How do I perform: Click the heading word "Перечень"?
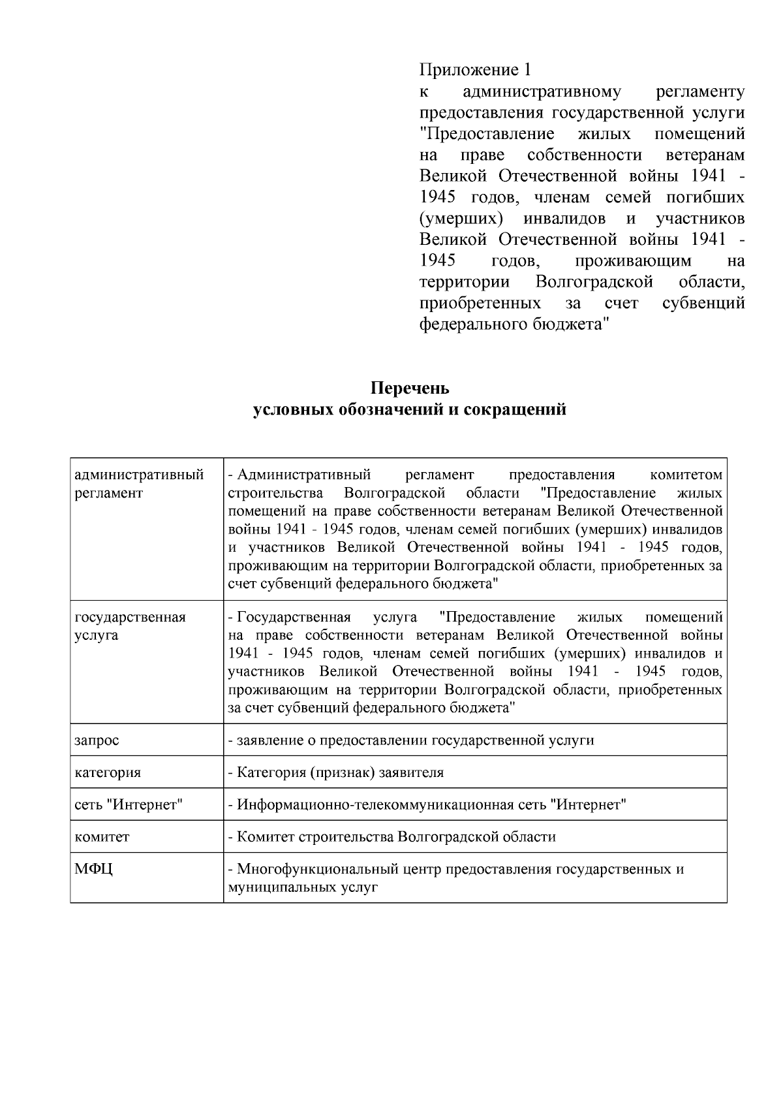point(410,388)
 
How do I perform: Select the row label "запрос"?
point(97,740)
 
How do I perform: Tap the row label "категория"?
point(108,772)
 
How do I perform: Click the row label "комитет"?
point(102,836)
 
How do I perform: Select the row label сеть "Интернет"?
point(129,804)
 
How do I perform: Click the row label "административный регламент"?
point(139,484)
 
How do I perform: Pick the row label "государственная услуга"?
point(130,626)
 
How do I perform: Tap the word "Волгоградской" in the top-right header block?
point(594,282)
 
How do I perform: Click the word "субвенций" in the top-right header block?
point(703,303)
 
